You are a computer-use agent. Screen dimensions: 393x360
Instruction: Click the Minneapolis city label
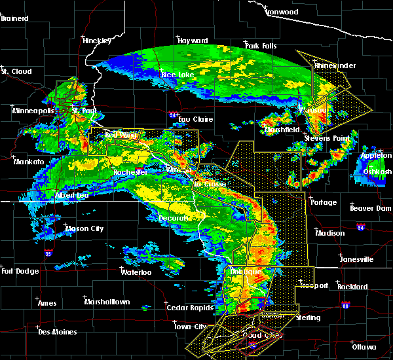point(32,111)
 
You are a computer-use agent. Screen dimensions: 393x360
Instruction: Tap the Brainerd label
point(14,18)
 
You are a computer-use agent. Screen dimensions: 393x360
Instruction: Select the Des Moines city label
point(57,332)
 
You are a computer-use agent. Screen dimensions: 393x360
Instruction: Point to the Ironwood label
point(282,12)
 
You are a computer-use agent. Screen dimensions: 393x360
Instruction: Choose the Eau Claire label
point(195,119)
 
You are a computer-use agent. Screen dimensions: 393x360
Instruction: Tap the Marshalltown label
point(107,302)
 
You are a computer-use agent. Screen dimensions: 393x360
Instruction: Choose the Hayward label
point(193,41)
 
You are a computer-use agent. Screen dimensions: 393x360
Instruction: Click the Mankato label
point(29,162)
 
